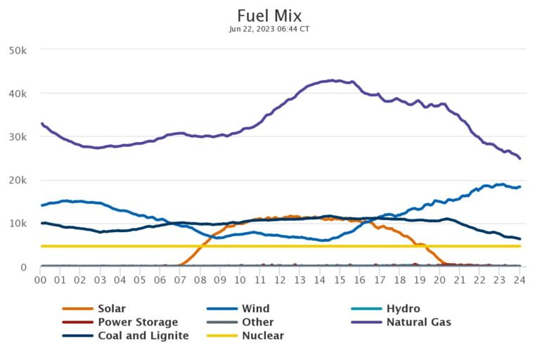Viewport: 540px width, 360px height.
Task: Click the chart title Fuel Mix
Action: click(269, 15)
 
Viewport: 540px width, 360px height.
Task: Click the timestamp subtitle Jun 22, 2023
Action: click(269, 29)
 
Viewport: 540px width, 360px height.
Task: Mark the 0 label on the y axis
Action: click(24, 267)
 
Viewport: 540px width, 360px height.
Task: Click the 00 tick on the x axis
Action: click(41, 280)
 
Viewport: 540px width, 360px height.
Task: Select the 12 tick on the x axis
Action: click(281, 280)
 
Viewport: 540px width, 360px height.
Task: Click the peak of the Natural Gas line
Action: click(331, 80)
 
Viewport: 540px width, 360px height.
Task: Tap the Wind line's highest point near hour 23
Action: click(501, 184)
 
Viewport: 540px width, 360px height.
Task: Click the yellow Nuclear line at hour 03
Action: click(101, 246)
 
